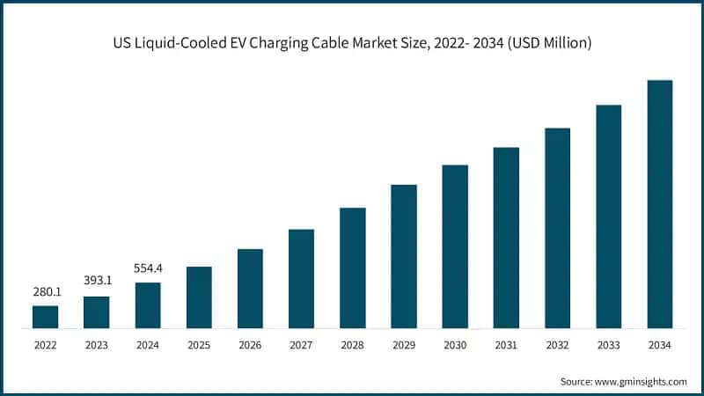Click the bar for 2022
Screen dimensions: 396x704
45,317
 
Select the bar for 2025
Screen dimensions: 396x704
199,297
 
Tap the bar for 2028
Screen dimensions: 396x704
352,268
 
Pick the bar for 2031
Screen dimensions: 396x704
506,238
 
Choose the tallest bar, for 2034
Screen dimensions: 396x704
659,204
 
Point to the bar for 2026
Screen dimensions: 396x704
250,289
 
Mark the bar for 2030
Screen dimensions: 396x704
455,246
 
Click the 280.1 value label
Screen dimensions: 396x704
45,291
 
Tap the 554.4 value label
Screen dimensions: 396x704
148,268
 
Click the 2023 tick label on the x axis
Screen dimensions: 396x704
97,346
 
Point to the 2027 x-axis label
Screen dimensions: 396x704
301,346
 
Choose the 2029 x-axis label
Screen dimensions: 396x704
404,346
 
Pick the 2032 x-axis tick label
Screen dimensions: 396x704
557,346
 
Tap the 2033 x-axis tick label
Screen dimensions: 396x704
608,346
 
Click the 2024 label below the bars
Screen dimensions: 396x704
148,346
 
